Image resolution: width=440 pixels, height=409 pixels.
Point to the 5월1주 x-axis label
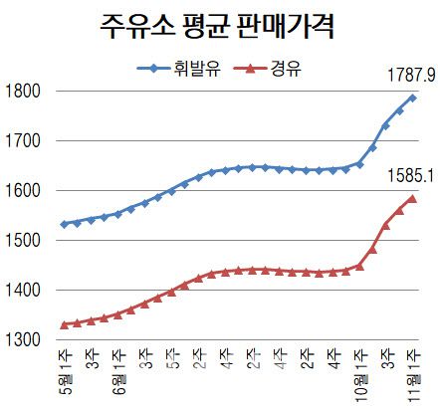[x=65, y=373]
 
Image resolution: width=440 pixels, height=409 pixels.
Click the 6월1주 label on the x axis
[x=118, y=373]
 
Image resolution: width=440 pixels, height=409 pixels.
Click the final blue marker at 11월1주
[x=413, y=98]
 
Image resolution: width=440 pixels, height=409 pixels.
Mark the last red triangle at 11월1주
[x=413, y=198]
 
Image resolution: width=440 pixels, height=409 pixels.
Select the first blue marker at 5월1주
[x=65, y=224]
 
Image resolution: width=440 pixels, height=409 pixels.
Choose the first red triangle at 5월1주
[x=65, y=324]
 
